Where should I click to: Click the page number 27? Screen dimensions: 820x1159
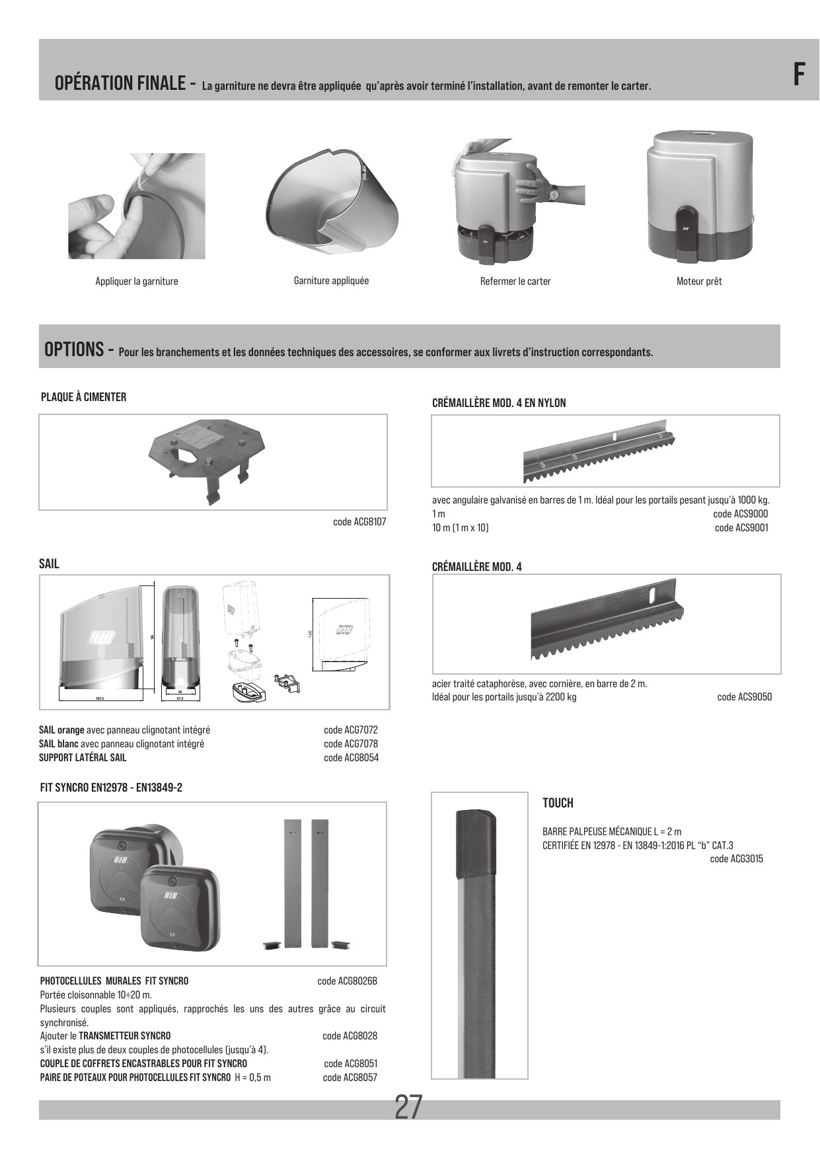408,1107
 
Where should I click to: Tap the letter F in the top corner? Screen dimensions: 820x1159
799,74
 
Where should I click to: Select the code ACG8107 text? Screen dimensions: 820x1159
359,522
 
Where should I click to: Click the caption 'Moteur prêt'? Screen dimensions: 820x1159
699,281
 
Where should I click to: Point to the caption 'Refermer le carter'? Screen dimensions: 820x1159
515,281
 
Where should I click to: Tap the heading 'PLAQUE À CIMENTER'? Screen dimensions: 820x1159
83,397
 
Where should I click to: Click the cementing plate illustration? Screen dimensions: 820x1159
212,459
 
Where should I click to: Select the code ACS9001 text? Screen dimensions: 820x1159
741,527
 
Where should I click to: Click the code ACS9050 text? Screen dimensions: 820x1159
745,696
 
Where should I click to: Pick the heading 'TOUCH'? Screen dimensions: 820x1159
558,803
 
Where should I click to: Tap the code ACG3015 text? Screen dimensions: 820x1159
737,859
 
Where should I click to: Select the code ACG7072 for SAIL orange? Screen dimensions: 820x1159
351,730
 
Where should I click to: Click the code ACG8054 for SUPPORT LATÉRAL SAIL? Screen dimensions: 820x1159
351,757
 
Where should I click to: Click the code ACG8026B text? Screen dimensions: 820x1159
348,981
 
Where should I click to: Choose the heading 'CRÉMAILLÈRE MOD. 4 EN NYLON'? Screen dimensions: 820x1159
499,403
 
